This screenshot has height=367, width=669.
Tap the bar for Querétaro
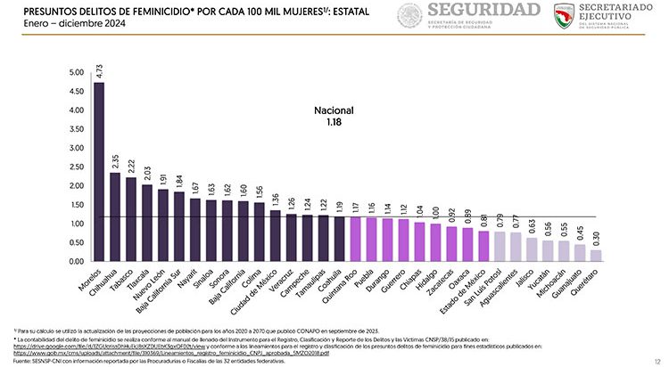click(x=595, y=256)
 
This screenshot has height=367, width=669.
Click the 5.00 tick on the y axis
click(x=77, y=72)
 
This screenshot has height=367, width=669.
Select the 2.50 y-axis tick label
click(x=77, y=167)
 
